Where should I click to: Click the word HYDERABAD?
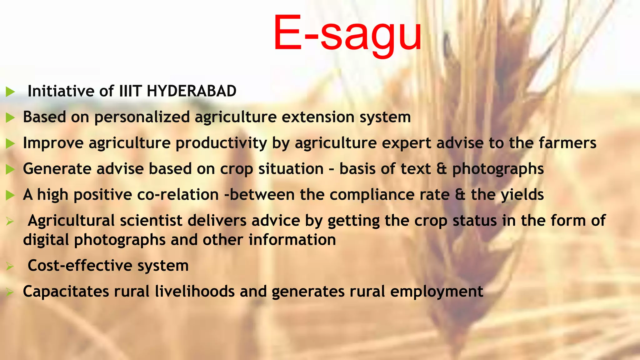(191, 91)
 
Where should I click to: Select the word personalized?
(142, 117)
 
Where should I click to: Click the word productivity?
(221, 143)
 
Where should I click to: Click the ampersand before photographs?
(442, 169)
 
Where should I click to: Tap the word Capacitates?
(66, 292)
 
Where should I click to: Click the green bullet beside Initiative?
(10, 92)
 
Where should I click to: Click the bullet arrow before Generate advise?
(10, 170)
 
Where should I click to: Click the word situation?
(291, 169)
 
